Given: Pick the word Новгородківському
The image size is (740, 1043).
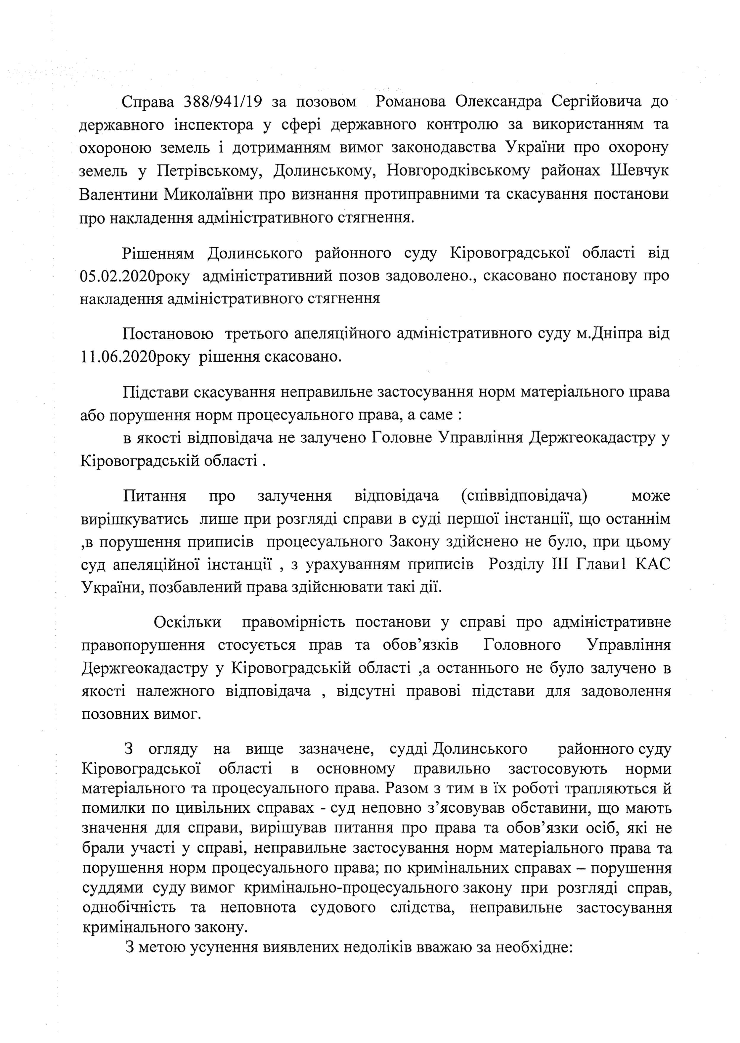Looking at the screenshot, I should [458, 171].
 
